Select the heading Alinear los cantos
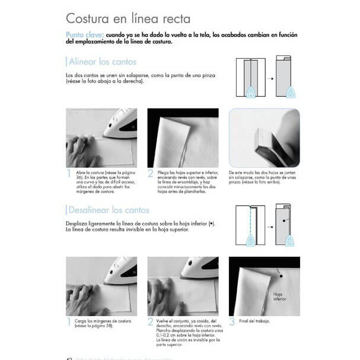click(x=102, y=62)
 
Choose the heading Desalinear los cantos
click(x=109, y=210)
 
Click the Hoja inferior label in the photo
click(x=280, y=297)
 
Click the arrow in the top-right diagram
click(x=269, y=78)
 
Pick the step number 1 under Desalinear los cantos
click(x=69, y=322)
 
